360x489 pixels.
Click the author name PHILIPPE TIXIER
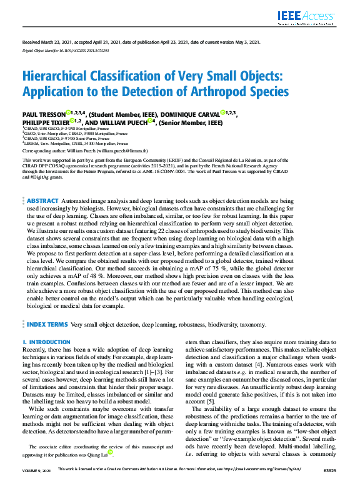click(x=46, y=123)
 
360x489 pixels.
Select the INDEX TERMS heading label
click(x=47, y=325)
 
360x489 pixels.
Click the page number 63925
click(x=327, y=485)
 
